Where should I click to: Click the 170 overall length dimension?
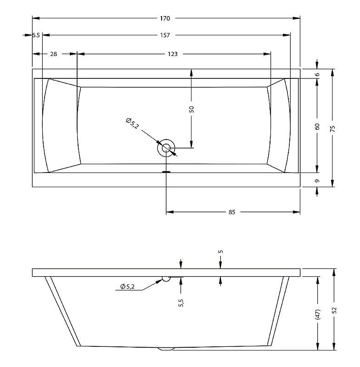(x=165, y=18)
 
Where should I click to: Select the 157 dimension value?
(x=165, y=35)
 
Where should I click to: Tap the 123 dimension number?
(x=173, y=54)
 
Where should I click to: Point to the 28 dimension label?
(x=53, y=54)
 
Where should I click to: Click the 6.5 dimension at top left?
(x=36, y=35)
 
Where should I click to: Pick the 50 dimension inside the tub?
(x=191, y=109)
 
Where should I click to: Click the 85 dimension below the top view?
(x=231, y=212)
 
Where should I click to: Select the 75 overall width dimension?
(x=332, y=128)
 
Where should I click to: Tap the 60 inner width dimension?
(x=317, y=127)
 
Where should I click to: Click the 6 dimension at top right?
(x=317, y=74)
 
